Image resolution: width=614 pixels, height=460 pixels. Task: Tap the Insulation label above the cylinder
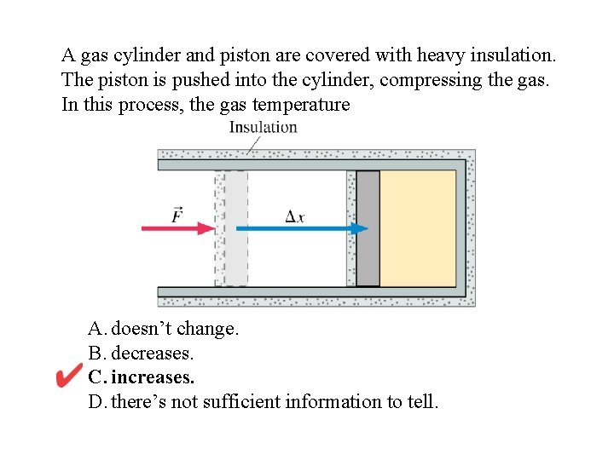[263, 128]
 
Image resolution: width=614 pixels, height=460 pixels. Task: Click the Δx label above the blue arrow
[295, 216]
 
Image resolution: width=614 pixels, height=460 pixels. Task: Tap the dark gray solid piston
[368, 228]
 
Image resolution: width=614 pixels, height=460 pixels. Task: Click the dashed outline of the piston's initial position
[231, 228]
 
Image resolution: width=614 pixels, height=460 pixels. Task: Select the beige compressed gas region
[417, 228]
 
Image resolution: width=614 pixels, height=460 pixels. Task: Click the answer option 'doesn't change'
[175, 329]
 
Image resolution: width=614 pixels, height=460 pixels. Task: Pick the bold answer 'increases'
[153, 377]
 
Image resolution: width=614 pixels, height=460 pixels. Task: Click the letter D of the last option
[95, 401]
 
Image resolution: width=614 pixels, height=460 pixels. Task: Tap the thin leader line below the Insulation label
[253, 144]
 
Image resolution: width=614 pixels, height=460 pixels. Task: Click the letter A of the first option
[95, 329]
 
